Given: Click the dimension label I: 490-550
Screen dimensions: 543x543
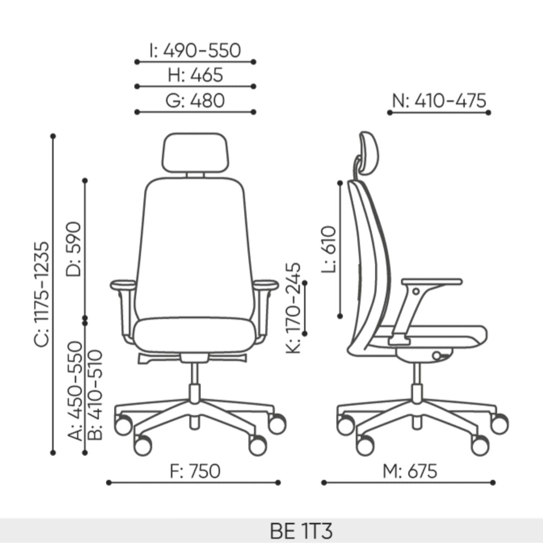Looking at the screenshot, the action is click(195, 50).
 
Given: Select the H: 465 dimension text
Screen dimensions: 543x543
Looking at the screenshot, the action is click(195, 75).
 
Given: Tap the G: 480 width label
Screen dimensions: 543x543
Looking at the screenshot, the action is click(195, 101).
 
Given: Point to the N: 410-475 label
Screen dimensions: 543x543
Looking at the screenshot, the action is click(439, 101).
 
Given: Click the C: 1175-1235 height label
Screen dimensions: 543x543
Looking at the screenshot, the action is click(42, 294).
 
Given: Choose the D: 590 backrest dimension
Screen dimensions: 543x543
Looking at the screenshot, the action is click(74, 249).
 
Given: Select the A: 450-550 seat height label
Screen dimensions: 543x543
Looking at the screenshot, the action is click(75, 391).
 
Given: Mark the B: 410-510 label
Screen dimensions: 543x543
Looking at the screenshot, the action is click(95, 395).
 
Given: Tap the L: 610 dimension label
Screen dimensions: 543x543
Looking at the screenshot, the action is click(329, 249).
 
